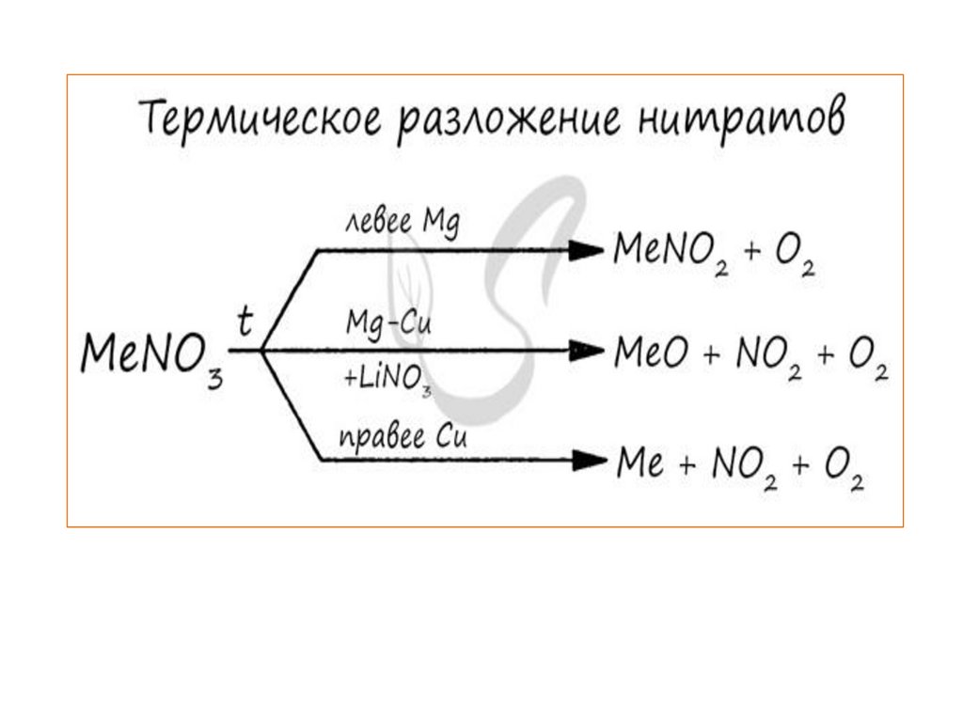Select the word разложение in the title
tap(513, 122)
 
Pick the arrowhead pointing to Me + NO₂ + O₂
tap(587, 460)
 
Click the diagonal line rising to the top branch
tap(290, 300)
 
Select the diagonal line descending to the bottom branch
tap(292, 405)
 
